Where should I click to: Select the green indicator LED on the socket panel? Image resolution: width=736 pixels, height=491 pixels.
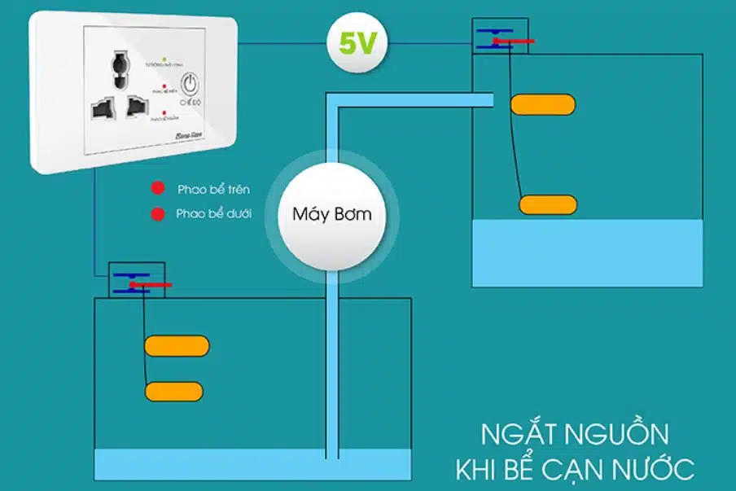click(x=164, y=60)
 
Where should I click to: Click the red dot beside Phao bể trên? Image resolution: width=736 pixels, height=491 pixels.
click(x=156, y=190)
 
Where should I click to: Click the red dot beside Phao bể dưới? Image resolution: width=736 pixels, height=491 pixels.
click(x=156, y=215)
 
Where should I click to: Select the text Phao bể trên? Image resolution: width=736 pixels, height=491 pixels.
click(x=213, y=190)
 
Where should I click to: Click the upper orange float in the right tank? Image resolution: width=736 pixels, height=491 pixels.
click(x=543, y=104)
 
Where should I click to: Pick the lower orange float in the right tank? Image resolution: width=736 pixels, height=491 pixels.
click(x=548, y=204)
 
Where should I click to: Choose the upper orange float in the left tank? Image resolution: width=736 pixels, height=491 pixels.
click(x=177, y=346)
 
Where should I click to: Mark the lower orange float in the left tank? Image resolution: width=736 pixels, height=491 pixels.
click(x=173, y=391)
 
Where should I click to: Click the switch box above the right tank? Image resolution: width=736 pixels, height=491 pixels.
click(x=499, y=37)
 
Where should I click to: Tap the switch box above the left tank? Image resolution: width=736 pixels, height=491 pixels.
click(x=137, y=280)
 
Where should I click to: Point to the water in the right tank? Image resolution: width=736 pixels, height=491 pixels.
click(x=587, y=252)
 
